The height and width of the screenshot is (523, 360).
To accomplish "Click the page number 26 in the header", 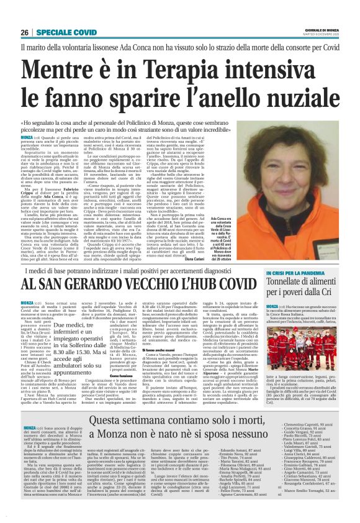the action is click(x=25, y=32).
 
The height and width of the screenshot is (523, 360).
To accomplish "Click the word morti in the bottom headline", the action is click(x=243, y=422).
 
